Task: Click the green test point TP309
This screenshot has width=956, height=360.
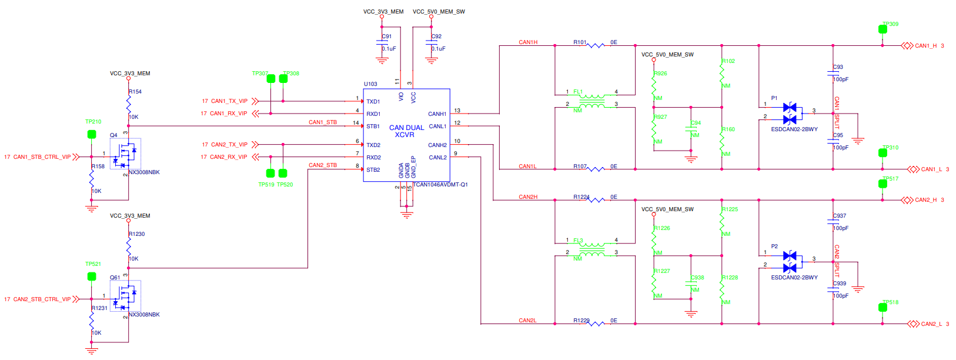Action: pos(883,29)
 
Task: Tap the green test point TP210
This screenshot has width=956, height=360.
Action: pos(92,134)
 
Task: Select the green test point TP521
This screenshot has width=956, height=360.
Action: pos(92,276)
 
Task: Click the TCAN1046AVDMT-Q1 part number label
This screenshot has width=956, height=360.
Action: pos(440,185)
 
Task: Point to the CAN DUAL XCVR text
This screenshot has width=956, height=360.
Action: pos(406,131)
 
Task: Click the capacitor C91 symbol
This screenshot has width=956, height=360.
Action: pos(382,43)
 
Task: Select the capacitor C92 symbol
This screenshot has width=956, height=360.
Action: pos(431,43)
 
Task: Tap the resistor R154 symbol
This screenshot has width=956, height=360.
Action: pos(128,104)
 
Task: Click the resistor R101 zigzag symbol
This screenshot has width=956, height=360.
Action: pos(596,45)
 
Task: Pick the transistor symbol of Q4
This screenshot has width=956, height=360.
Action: pos(125,154)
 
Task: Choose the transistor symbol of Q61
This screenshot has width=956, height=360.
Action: pos(125,295)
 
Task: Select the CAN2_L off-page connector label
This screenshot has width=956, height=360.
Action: pos(931,324)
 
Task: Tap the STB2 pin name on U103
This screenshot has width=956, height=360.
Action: pos(373,169)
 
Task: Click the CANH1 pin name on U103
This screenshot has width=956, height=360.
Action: pos(437,114)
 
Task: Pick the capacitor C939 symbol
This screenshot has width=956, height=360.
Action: pos(833,289)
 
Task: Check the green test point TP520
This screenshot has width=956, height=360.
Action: pos(283,173)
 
